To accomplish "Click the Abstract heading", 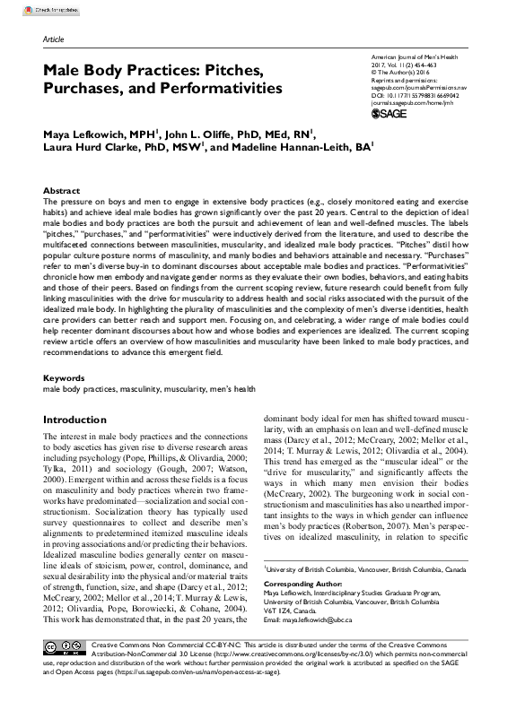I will (x=62, y=192).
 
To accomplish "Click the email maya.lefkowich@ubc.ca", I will (x=328, y=620).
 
